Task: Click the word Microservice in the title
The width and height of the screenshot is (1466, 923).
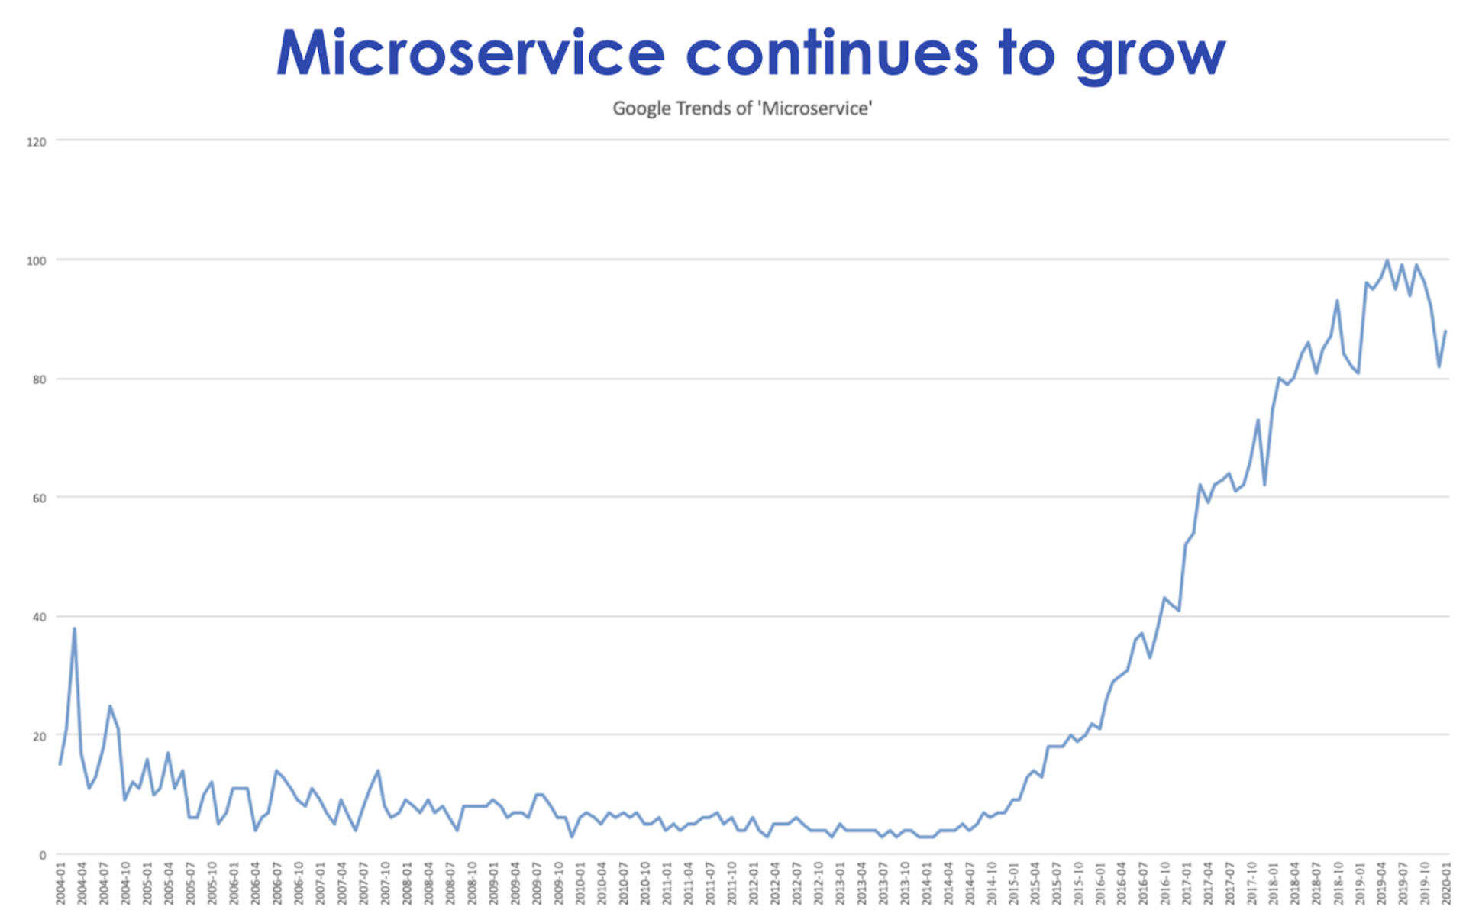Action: (x=470, y=53)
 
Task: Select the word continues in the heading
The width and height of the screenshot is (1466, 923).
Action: (x=831, y=53)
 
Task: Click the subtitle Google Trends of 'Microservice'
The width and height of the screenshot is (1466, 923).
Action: (x=742, y=108)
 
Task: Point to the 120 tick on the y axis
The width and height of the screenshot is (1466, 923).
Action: (x=36, y=141)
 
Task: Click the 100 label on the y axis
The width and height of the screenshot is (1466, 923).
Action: (x=36, y=260)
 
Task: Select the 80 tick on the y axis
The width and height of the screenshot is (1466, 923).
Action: (x=39, y=379)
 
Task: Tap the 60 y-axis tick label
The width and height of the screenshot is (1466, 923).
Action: (x=39, y=498)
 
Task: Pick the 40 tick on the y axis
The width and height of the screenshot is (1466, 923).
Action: (x=39, y=617)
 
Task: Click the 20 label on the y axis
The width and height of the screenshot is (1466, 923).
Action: (x=39, y=736)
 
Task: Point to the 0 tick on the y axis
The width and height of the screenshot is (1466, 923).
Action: (x=43, y=855)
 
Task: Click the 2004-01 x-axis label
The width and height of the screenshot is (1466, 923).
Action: (x=60, y=884)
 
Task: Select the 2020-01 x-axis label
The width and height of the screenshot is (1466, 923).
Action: (x=1446, y=884)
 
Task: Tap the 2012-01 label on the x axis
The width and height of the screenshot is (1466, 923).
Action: (x=754, y=884)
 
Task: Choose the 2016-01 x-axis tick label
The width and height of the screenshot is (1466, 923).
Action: (x=1100, y=884)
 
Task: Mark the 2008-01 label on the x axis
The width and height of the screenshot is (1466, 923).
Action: (x=407, y=884)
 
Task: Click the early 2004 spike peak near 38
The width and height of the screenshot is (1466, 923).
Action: (x=74, y=628)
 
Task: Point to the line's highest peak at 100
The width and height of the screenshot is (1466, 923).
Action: (x=1387, y=260)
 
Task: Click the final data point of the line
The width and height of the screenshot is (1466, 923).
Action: (x=1446, y=331)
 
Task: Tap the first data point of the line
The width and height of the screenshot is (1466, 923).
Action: (x=60, y=764)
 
